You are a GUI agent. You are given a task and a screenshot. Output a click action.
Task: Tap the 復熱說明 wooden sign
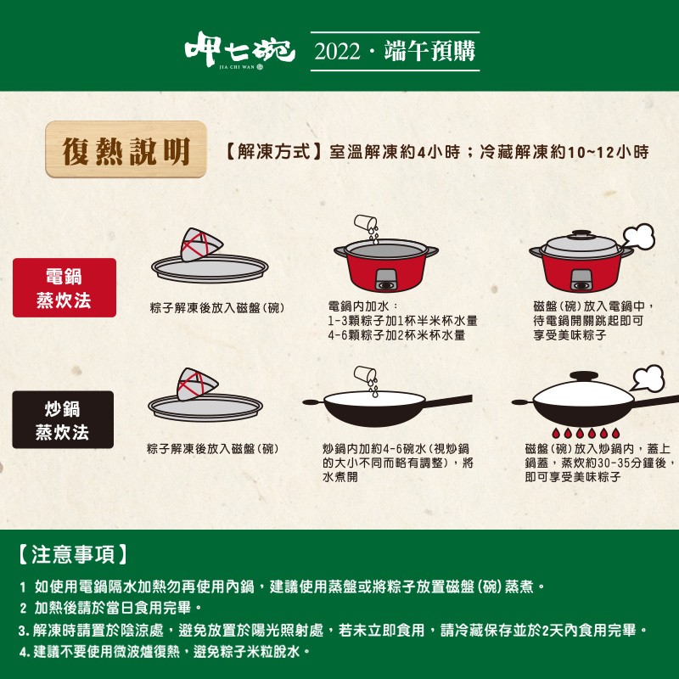point(126,150)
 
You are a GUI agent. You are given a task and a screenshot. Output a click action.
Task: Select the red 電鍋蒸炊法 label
point(64,288)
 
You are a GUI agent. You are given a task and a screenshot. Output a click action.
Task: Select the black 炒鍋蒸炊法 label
point(63,420)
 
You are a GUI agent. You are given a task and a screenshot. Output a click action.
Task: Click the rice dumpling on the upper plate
point(200,245)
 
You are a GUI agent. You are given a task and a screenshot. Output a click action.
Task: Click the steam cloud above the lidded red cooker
point(638,236)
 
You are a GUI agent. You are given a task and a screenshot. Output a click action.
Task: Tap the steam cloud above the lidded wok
point(649,378)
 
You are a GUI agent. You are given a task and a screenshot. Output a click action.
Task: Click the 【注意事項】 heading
point(74,555)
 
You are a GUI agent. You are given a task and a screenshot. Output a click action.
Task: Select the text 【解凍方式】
point(274,152)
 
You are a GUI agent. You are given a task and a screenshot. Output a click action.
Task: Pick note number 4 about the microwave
point(161,652)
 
